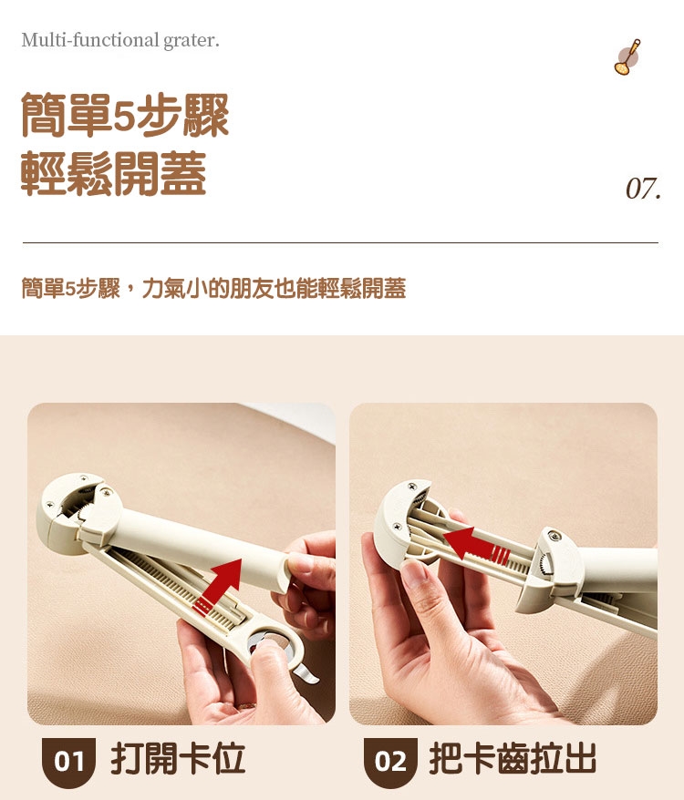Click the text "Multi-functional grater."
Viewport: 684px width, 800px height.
pos(120,40)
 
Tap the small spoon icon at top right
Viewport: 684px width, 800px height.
pos(627,56)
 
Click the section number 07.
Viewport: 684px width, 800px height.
pos(643,189)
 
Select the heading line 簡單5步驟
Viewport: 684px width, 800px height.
pos(125,116)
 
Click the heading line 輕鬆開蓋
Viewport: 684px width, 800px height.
pos(113,173)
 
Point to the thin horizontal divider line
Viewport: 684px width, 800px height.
pos(340,243)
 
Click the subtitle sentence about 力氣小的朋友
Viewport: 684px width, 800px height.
pos(213,288)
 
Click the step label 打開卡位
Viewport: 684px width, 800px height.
pos(178,759)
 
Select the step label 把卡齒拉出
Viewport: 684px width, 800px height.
pos(513,759)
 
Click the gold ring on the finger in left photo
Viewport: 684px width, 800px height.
pos(246,705)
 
